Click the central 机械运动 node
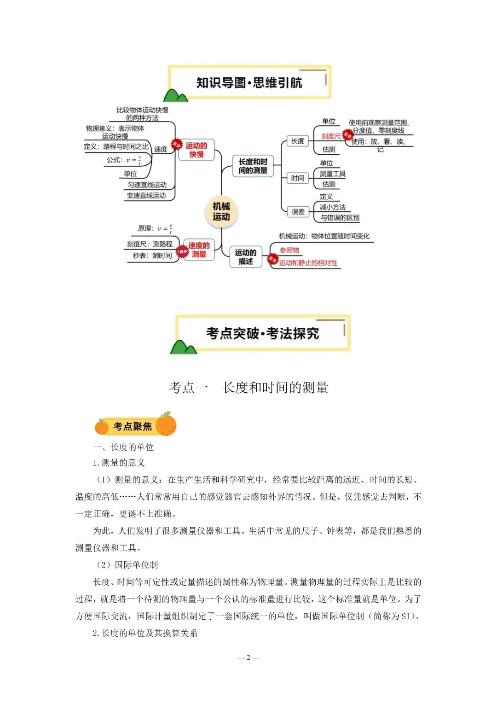click(x=221, y=211)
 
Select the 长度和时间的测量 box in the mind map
click(x=253, y=166)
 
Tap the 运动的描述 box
click(x=246, y=257)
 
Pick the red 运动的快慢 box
click(x=196, y=150)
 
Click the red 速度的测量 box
click(x=199, y=250)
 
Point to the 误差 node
click(x=298, y=212)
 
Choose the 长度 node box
click(x=298, y=141)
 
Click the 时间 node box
click(x=297, y=178)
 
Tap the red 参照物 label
click(x=289, y=250)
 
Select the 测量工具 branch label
click(x=332, y=174)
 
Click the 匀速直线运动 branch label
click(x=147, y=185)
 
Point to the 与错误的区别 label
click(x=340, y=218)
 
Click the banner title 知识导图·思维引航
click(x=249, y=83)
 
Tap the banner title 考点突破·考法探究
click(x=262, y=333)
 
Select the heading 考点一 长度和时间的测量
click(x=248, y=388)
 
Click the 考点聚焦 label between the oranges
click(x=133, y=426)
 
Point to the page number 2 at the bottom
click(x=248, y=657)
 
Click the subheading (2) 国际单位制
click(x=127, y=565)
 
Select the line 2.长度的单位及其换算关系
click(x=145, y=633)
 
